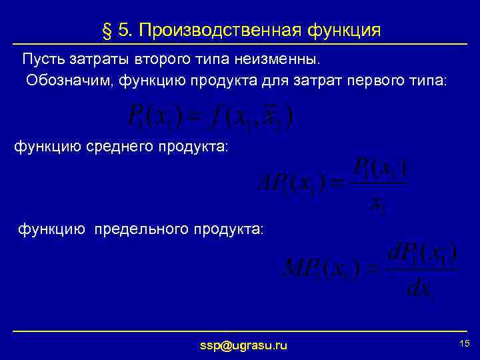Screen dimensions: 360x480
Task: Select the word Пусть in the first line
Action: click(41, 60)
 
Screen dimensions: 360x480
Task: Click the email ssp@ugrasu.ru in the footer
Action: click(243, 345)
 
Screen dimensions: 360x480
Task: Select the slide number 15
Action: click(465, 343)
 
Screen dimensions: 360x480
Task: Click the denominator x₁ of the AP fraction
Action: click(378, 205)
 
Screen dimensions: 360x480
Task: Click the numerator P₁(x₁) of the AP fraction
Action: click(379, 166)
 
